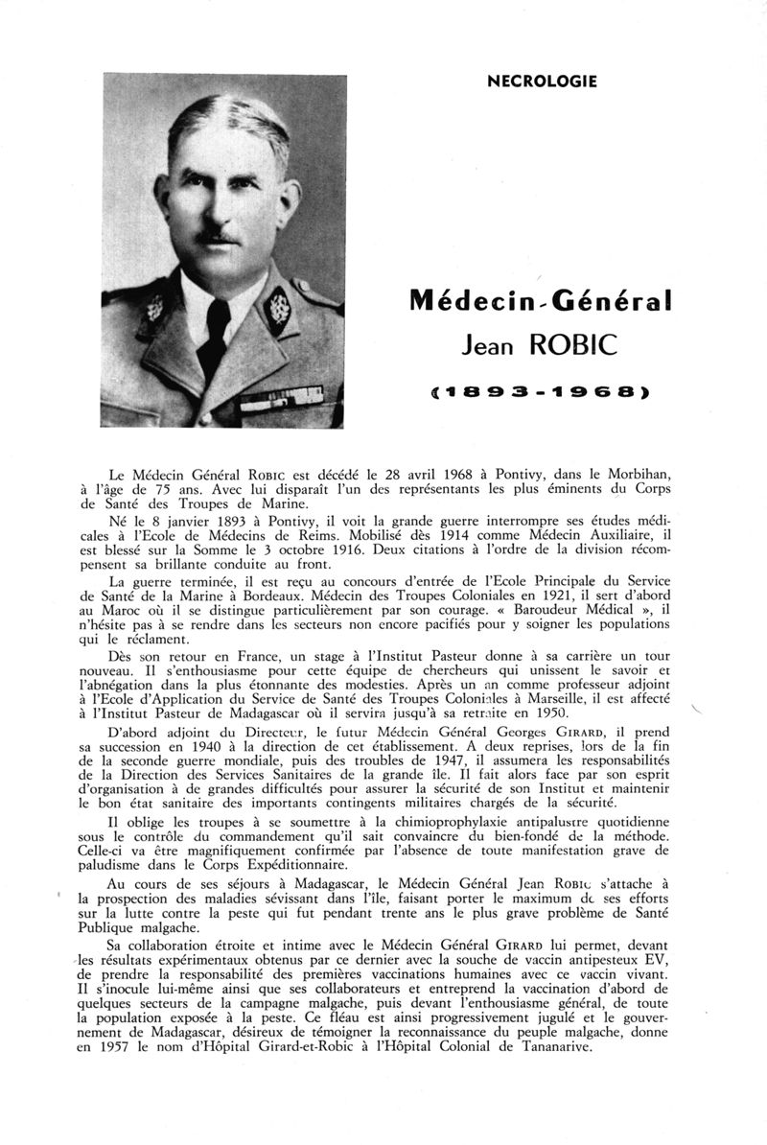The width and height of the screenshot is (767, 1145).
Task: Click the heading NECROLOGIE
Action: coord(542,82)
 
